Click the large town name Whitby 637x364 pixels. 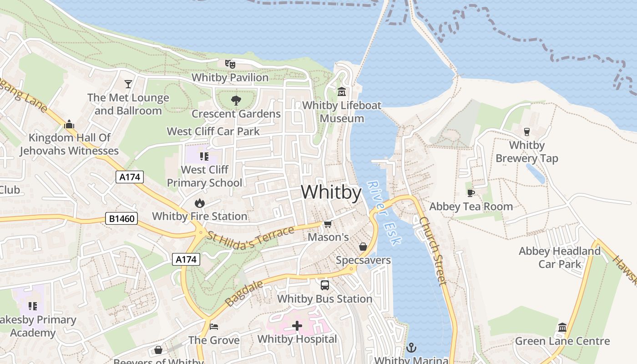[x=331, y=192]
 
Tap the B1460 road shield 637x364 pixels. [x=122, y=219]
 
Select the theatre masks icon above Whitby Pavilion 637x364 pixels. [x=230, y=64]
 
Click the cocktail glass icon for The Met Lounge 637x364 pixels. [x=128, y=84]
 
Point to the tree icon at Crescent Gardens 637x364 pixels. [x=236, y=100]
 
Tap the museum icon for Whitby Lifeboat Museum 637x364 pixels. [x=342, y=92]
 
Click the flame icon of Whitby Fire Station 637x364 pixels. [x=199, y=203]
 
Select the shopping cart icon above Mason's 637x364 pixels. [x=328, y=224]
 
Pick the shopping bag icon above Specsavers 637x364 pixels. [x=363, y=247]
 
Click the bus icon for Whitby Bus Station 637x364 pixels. [x=325, y=286]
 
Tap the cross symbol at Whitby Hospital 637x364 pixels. [x=297, y=326]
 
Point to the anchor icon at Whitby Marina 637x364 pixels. [x=411, y=348]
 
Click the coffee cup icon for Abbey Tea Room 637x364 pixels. [x=471, y=193]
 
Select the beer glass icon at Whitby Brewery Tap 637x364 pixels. [x=527, y=132]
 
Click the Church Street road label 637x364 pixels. [x=433, y=251]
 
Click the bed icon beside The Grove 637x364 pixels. [x=214, y=327]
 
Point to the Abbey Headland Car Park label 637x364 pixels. [x=560, y=258]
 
